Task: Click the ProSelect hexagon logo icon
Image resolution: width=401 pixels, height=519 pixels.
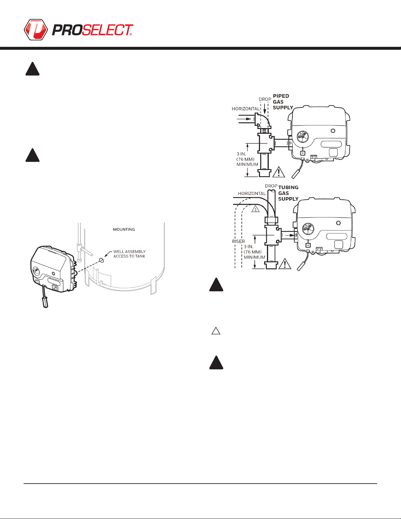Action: (x=36, y=29)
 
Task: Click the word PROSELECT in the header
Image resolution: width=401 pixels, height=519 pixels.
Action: (x=93, y=30)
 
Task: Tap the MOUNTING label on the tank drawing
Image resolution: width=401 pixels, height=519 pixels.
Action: (x=124, y=229)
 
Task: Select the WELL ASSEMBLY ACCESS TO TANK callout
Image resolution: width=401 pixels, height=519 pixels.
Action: (x=129, y=254)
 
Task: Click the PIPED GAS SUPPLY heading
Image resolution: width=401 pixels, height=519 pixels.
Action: (x=283, y=102)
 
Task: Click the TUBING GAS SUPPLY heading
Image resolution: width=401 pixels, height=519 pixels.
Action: (x=288, y=193)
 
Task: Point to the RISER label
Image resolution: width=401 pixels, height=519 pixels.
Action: (x=238, y=241)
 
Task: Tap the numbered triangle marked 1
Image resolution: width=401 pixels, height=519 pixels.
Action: (x=255, y=209)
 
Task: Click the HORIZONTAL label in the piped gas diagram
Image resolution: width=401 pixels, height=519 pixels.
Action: (x=246, y=109)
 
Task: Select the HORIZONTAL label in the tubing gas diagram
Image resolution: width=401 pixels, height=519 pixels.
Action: (x=252, y=194)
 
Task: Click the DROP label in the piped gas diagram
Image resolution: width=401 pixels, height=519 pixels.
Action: (x=265, y=99)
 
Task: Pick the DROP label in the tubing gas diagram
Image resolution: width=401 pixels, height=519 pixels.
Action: (x=271, y=186)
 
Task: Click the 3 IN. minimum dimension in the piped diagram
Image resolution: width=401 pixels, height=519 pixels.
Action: (x=247, y=159)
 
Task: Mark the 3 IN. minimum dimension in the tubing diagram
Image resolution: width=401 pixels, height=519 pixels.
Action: (x=254, y=252)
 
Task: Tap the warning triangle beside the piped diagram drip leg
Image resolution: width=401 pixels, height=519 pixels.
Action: (x=279, y=172)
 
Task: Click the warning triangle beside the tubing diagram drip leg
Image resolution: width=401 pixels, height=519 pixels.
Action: (x=285, y=264)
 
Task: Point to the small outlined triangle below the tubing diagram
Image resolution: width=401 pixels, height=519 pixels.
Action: (x=216, y=331)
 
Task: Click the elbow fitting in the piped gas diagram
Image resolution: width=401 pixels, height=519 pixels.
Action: (x=263, y=120)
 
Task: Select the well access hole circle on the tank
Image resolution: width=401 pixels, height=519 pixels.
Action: (x=101, y=260)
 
